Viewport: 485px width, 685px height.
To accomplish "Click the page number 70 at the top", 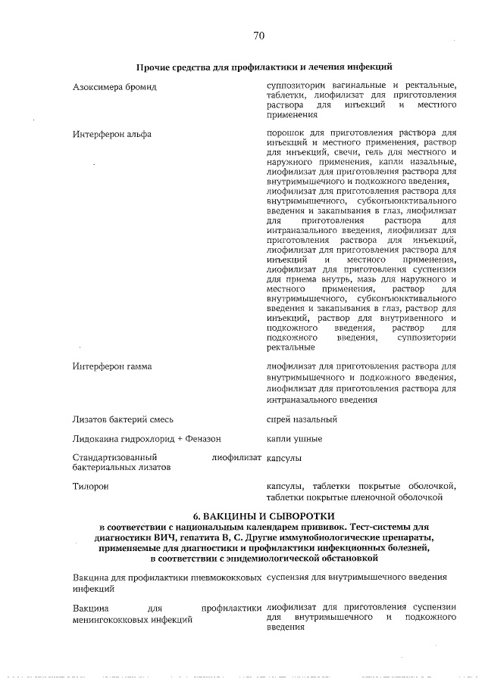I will coord(258,35).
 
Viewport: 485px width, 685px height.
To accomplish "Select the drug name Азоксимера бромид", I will coord(114,87).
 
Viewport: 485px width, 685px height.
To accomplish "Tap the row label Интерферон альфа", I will coord(111,134).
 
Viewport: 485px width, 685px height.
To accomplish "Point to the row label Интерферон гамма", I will coord(111,366).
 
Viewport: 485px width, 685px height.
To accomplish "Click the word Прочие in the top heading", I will coord(155,68).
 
